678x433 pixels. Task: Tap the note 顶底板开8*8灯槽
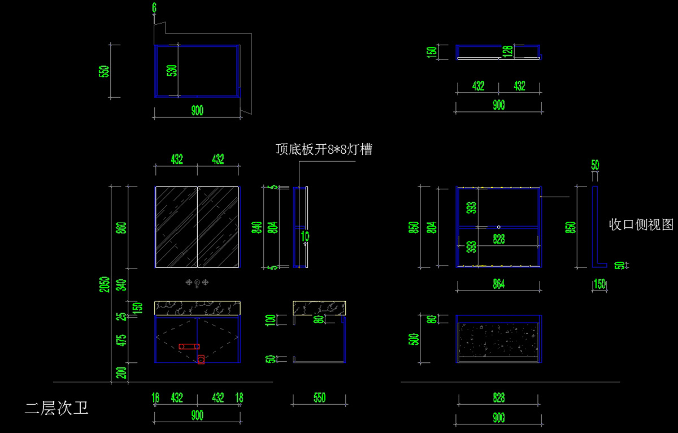tap(324, 150)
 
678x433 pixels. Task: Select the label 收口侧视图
tap(641, 224)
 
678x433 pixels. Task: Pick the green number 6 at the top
tap(154, 7)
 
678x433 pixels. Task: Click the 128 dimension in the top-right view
tap(507, 52)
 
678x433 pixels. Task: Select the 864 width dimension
tap(498, 284)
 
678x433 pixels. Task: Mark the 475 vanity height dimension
tap(121, 340)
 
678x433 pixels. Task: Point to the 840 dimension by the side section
tap(257, 227)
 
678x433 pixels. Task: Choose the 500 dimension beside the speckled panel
tap(418, 339)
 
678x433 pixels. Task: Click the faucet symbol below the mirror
tap(197, 282)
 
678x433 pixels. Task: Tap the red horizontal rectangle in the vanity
tap(189, 346)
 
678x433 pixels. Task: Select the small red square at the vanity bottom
tap(201, 360)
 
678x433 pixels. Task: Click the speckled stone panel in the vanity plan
tap(498, 340)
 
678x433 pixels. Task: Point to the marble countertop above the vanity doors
tap(197, 308)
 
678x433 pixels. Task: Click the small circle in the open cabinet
tap(498, 227)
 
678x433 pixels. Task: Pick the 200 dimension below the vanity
tap(121, 373)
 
